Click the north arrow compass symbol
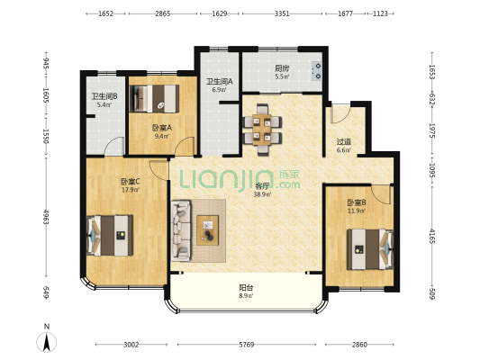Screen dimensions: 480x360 47,342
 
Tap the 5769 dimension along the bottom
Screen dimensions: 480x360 247,345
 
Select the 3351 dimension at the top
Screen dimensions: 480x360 282,13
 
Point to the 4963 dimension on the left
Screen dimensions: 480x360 46,217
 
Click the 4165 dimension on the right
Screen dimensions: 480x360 431,236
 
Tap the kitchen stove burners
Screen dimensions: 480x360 317,71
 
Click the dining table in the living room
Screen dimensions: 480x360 262,130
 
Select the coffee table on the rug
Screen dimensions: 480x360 207,230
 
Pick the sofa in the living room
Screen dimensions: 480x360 181,230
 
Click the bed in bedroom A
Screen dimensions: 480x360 155,98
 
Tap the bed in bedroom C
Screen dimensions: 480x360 110,236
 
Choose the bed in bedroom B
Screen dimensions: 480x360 370,249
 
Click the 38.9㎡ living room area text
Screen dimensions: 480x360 262,193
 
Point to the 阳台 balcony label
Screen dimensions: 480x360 246,288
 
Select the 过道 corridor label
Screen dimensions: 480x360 344,142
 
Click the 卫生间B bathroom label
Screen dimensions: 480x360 104,96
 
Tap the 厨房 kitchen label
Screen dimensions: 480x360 282,68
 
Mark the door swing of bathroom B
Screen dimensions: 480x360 113,146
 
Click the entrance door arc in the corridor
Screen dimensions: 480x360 340,114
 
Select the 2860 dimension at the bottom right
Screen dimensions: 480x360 359,345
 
